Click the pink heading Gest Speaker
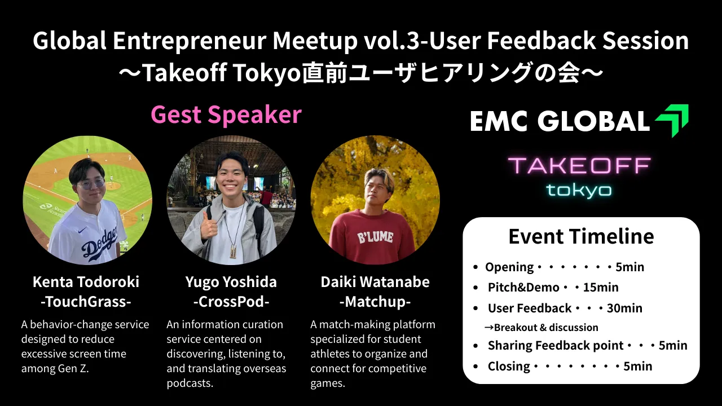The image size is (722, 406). pyautogui.click(x=226, y=115)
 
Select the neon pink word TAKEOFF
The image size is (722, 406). pyautogui.click(x=579, y=166)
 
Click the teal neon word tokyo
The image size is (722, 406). pyautogui.click(x=579, y=190)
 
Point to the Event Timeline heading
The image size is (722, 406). pyautogui.click(x=581, y=236)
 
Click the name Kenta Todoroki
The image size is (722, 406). pyautogui.click(x=86, y=282)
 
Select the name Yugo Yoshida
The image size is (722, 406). pyautogui.click(x=231, y=283)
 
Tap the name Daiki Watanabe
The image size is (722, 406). pyautogui.click(x=375, y=282)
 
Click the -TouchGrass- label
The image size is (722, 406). pyautogui.click(x=86, y=302)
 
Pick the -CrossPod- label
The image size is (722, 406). pyautogui.click(x=231, y=302)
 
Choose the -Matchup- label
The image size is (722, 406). pyautogui.click(x=375, y=302)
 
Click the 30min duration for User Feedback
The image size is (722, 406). pyautogui.click(x=624, y=308)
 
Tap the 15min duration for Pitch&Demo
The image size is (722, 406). pyautogui.click(x=601, y=288)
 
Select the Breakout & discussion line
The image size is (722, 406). pyautogui.click(x=541, y=328)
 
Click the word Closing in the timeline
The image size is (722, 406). pyautogui.click(x=509, y=367)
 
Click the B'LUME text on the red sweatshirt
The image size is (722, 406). pyautogui.click(x=375, y=238)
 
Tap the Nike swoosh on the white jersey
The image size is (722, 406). pyautogui.click(x=82, y=230)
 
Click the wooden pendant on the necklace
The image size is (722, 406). pyautogui.click(x=233, y=251)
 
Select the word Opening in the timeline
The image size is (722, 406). pyautogui.click(x=509, y=267)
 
